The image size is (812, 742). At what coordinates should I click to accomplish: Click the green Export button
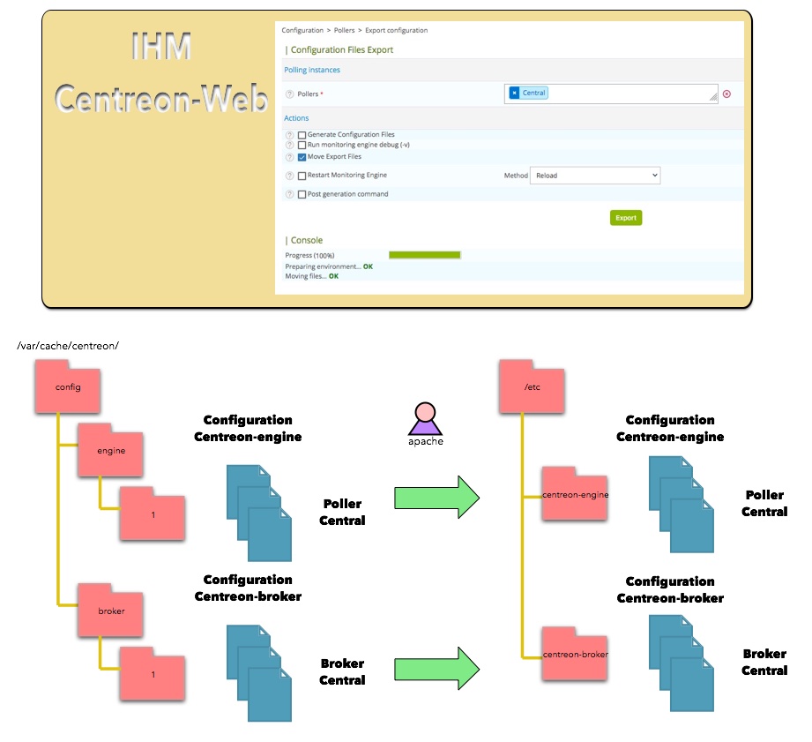625,217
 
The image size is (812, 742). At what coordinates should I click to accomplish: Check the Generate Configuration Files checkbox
302,135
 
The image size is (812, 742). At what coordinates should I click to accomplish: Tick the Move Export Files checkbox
302,157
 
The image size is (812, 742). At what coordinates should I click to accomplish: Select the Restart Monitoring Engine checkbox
302,176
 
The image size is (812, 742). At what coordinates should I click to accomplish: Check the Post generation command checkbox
302,194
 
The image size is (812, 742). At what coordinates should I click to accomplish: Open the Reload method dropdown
595,176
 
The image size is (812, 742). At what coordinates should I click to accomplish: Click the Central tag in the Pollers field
529,93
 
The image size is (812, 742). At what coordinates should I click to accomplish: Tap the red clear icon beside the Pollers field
726,94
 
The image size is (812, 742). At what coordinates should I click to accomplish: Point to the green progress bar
425,255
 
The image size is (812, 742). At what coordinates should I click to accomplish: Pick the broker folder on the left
111,610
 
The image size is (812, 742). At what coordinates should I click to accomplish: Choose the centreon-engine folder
576,494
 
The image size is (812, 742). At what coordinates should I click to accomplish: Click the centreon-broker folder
576,654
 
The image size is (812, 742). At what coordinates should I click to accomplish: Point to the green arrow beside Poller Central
436,498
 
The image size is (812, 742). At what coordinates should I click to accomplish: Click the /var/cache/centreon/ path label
68,345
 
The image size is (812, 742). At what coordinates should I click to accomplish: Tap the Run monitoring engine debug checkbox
302,145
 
